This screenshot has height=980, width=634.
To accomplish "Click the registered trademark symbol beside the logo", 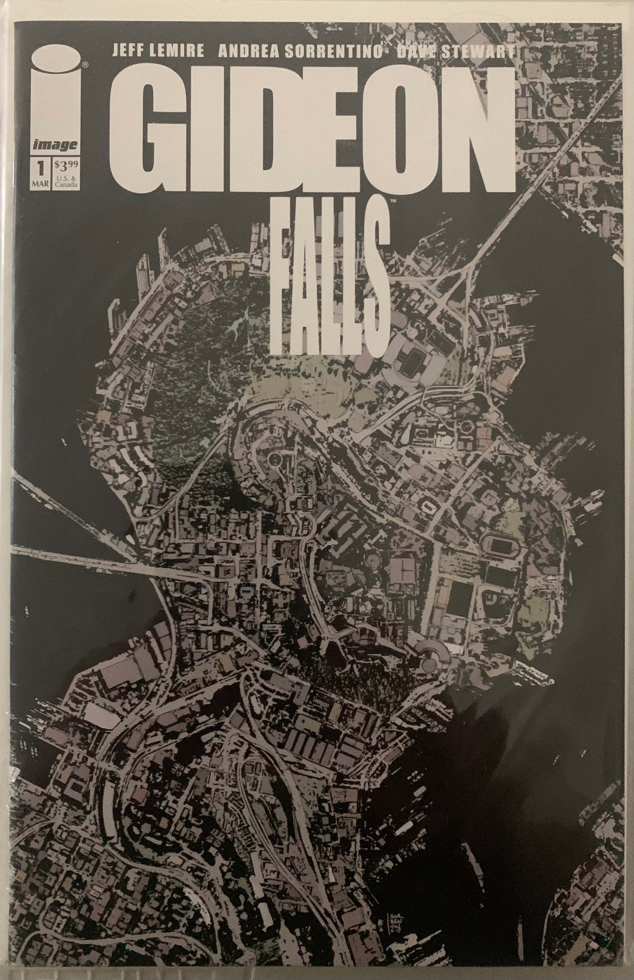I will click(84, 64).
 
